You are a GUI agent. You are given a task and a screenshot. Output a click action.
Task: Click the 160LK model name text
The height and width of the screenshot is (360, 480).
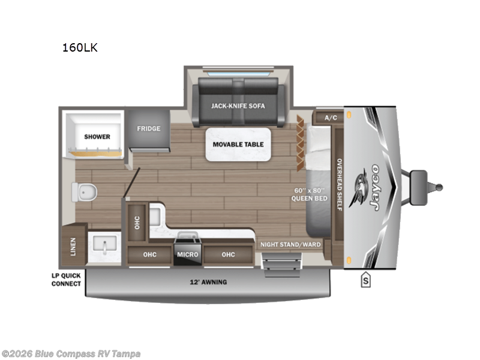[x=79, y=48]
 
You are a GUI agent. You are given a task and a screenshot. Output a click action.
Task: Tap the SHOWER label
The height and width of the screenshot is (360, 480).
[x=97, y=137]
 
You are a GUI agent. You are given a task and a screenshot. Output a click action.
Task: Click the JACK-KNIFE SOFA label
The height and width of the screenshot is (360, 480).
[x=238, y=106]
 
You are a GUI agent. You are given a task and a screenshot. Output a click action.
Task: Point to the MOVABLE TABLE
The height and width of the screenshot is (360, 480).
[x=238, y=144]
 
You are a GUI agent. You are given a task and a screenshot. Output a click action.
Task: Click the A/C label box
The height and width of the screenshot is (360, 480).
[x=331, y=118]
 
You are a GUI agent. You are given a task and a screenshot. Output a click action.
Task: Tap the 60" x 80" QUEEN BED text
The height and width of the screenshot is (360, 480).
[x=308, y=194]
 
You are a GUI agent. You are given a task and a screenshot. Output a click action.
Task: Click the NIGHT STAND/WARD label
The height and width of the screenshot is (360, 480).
[x=290, y=245]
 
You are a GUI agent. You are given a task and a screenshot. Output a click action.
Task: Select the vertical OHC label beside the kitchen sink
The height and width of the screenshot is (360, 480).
[x=137, y=223]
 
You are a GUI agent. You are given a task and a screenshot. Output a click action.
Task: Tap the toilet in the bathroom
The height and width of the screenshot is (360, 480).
[x=83, y=191]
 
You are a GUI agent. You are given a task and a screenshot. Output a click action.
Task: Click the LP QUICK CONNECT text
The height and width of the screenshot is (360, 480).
[x=66, y=280]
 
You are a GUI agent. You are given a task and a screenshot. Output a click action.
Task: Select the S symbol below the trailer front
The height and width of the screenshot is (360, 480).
[x=365, y=280]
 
